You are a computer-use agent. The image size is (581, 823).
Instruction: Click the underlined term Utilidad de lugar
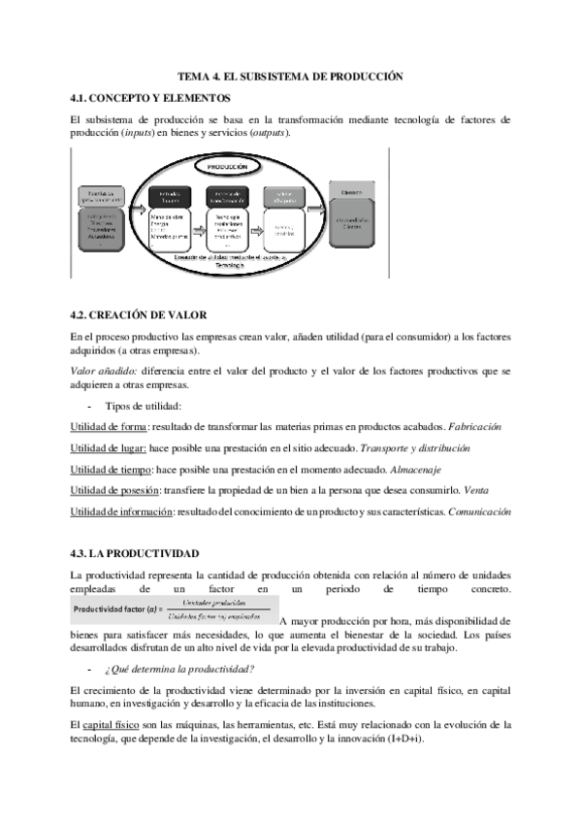(x=109, y=448)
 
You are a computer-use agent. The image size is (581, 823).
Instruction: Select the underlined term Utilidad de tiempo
(x=113, y=470)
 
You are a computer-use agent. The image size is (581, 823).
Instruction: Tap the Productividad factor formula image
(x=172, y=609)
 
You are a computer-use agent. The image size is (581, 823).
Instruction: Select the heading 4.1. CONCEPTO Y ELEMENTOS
(x=150, y=97)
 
